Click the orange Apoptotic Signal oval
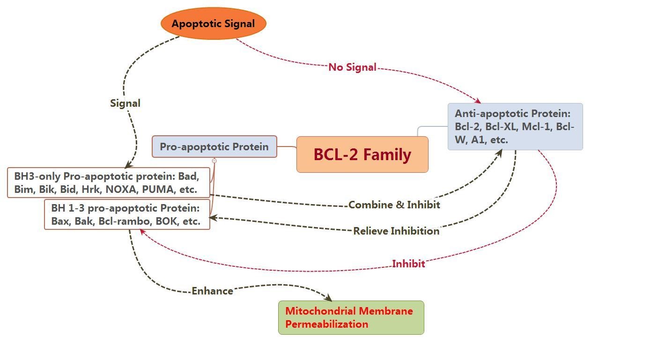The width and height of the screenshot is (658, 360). point(213,23)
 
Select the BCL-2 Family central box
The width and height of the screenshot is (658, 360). point(362,154)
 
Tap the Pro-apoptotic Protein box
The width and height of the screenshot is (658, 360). point(214,147)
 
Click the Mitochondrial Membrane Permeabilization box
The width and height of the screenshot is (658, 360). point(351,317)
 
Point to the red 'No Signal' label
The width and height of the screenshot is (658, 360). point(352,67)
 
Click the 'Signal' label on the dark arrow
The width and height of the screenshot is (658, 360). point(125,103)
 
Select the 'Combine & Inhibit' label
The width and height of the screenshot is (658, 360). point(394,205)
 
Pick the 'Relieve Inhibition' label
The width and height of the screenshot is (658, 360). point(396,231)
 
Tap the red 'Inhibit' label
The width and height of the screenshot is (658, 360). point(408,264)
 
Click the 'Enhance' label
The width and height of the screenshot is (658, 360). point(212,291)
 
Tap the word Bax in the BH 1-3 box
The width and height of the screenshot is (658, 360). point(59,221)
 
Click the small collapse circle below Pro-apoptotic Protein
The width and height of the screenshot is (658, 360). point(214,161)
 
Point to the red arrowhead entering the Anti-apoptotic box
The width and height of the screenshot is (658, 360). point(478,101)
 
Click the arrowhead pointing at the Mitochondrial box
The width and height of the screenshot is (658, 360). point(329,298)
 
